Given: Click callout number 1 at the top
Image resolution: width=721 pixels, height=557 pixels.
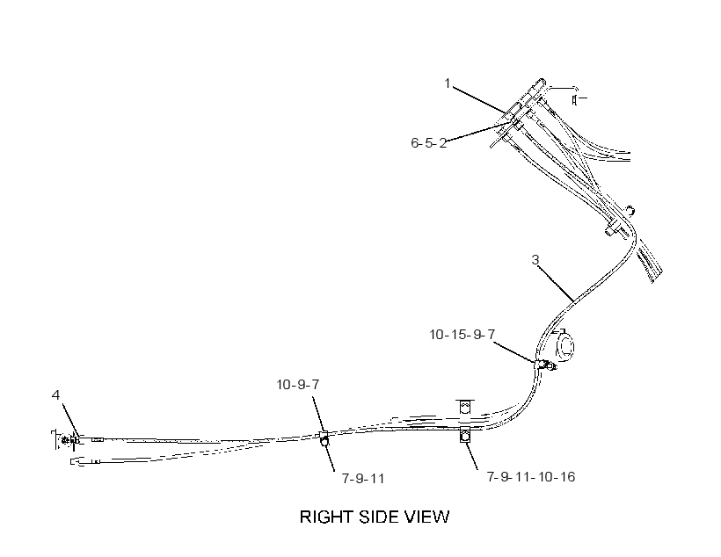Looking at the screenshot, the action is [447, 83].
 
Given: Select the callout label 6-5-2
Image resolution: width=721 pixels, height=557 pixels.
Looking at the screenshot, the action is [428, 143].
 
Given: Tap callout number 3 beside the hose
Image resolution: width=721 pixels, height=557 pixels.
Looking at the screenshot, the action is [535, 260].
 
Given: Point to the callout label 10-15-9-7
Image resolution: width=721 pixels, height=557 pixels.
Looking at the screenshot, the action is [462, 335].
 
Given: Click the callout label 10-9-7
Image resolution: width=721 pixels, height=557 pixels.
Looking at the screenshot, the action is [297, 385].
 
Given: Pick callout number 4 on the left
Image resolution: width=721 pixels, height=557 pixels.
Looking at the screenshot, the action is [55, 394].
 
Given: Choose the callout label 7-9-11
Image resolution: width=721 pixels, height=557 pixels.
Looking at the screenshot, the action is [363, 479].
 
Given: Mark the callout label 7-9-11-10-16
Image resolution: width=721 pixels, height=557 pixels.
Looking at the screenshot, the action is [531, 476].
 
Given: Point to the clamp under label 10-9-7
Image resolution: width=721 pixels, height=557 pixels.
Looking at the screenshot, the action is [324, 439].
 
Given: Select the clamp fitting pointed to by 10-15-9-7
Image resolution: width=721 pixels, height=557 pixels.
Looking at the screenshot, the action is [545, 365].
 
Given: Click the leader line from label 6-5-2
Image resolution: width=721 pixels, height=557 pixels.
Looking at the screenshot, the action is [478, 133].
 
